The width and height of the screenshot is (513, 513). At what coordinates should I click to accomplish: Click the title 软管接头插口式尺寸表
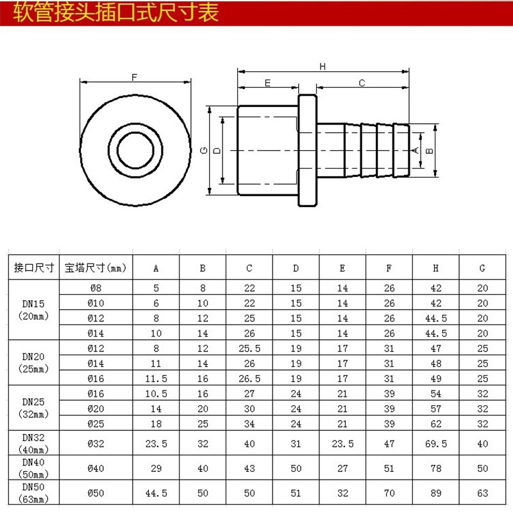tap(116, 13)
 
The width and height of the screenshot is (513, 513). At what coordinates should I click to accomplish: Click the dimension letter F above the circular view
tap(135, 77)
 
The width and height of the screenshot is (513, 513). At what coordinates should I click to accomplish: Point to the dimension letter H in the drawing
tap(323, 66)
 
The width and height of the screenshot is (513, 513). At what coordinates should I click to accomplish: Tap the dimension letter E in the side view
tap(267, 83)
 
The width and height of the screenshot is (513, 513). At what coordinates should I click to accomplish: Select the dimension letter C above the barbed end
tap(362, 83)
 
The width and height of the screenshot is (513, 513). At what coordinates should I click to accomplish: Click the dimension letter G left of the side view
tap(203, 150)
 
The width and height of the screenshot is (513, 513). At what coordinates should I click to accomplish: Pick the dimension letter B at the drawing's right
tap(430, 150)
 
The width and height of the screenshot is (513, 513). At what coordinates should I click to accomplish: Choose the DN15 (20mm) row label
tap(32, 309)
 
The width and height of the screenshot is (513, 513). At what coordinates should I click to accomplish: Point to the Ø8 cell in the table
tap(96, 289)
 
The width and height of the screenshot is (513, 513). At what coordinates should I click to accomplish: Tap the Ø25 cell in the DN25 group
tap(96, 423)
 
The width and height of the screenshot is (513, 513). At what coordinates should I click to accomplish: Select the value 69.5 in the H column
tap(436, 442)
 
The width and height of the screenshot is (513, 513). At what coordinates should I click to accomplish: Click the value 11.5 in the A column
tap(156, 378)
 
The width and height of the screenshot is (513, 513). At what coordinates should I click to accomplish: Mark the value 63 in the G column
tap(482, 493)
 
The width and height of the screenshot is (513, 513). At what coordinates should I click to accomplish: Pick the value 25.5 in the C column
tap(249, 349)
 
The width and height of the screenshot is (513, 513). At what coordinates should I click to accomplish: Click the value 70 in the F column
tap(389, 493)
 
